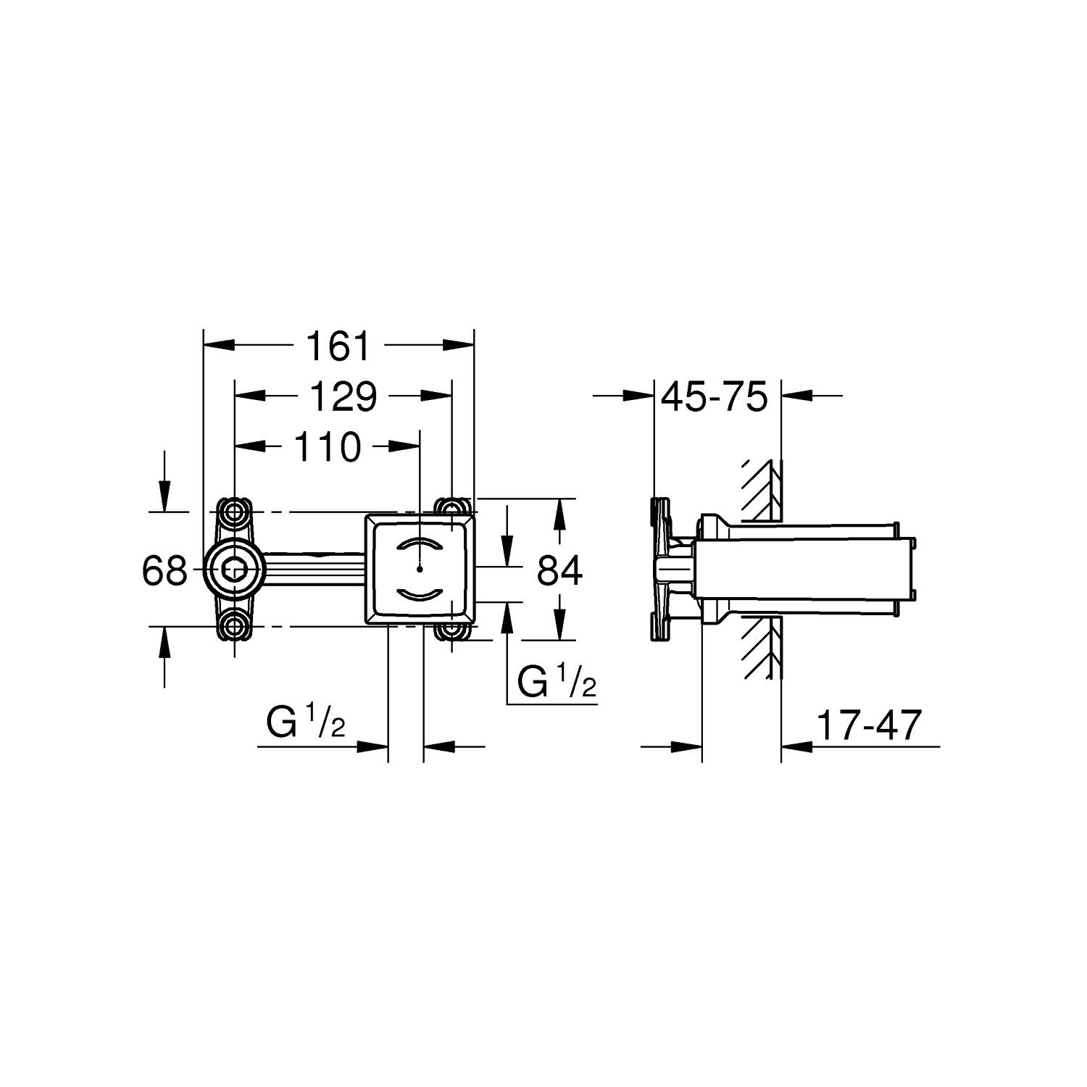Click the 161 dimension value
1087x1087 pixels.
[x=338, y=346]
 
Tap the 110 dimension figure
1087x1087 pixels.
[x=327, y=447]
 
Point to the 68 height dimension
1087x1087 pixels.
[x=164, y=571]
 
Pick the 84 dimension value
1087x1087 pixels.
[x=559, y=571]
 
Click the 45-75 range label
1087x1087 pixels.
[x=715, y=397]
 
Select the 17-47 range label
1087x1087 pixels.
[x=869, y=725]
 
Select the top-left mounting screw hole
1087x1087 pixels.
[x=234, y=512]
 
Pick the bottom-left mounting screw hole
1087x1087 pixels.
[x=234, y=627]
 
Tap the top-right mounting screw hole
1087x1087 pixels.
[x=452, y=507]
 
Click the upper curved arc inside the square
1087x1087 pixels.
[x=420, y=546]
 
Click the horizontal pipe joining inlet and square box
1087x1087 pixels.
[x=312, y=570]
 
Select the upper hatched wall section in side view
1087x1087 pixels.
[x=761, y=489]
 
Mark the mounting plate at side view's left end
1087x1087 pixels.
[x=659, y=569]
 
